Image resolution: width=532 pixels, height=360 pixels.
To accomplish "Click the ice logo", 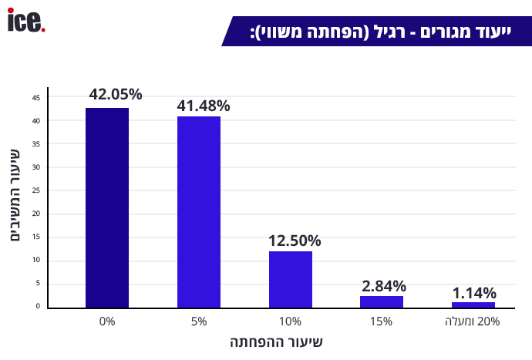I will pos(26,21).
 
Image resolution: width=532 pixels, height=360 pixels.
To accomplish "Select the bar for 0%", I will pos(107,208).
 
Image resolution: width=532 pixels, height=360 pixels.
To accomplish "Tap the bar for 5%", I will pos(199,212).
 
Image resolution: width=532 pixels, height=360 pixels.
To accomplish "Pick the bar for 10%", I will pos(291,279).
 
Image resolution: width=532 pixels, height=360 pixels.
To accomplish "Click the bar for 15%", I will pos(382,301).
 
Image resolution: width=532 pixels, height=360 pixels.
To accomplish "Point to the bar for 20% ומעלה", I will pos(473,304).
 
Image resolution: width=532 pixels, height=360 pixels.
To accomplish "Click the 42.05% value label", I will pos(116,95).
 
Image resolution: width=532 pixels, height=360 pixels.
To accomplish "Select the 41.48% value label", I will pos(204,106).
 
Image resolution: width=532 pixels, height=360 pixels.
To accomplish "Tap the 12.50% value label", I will pos(295,241).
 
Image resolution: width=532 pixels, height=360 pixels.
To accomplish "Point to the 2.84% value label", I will pos(384,286).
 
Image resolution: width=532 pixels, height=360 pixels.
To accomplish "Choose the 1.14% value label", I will pos(474,293).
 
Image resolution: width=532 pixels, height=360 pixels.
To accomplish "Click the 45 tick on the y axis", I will pos(36,97).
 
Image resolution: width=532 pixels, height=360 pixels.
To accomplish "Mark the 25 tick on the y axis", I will pos(36,190).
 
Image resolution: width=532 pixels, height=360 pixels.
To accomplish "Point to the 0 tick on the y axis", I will pos(37,306).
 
